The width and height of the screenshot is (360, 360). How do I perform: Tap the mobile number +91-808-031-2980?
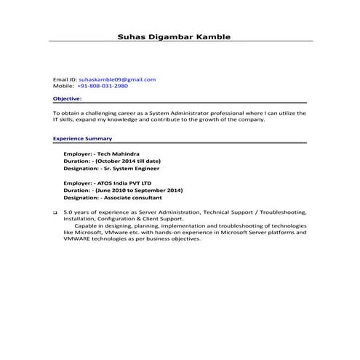(x=102, y=86)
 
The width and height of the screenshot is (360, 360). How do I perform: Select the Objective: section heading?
(x=68, y=98)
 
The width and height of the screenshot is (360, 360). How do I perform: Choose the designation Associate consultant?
(x=135, y=197)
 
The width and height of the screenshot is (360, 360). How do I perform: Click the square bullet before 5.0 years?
(x=55, y=212)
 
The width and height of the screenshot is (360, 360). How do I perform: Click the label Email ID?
(x=65, y=79)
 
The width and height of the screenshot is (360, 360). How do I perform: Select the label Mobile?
(x=64, y=86)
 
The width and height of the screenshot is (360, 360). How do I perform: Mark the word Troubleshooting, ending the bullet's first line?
(x=284, y=212)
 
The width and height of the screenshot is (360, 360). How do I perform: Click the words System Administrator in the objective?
(x=191, y=113)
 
